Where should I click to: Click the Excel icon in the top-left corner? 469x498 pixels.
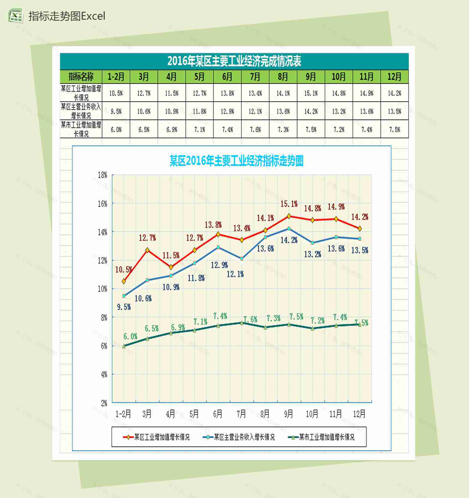tap(15, 16)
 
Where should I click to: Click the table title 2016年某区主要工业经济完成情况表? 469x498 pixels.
tap(234, 61)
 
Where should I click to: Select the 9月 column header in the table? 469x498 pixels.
tap(311, 77)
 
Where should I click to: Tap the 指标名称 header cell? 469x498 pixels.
tap(81, 77)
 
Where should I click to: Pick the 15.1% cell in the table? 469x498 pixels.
tap(311, 93)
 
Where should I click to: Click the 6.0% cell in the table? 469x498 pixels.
tap(116, 130)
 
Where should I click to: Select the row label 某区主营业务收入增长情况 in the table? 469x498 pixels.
tap(81, 111)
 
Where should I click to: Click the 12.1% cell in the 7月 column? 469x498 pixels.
tap(255, 111)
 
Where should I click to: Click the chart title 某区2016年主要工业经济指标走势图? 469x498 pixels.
tap(236, 161)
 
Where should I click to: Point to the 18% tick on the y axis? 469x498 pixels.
tap(103, 175)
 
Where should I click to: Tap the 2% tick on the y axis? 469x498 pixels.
tap(104, 403)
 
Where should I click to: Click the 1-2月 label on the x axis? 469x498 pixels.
tap(123, 414)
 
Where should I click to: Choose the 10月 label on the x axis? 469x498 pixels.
tap(312, 414)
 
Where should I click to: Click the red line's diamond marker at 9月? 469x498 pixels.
tap(289, 216)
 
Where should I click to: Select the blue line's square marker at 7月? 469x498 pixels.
tap(242, 259)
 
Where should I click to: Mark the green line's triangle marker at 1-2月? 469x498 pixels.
tap(124, 346)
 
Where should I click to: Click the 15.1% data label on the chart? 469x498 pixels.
tap(289, 204)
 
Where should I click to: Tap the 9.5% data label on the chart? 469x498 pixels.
tap(124, 307)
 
